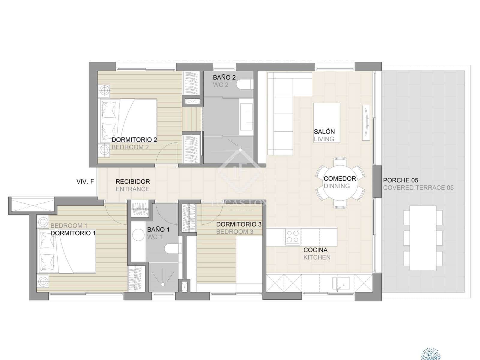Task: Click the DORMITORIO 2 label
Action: (134, 139)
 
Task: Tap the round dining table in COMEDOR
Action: (340, 182)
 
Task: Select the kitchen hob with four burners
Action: (292, 236)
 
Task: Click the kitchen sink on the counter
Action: (341, 283)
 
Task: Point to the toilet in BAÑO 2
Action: (244, 84)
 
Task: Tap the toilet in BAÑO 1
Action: (173, 248)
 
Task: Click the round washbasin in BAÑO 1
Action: (139, 235)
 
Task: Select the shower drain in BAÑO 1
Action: (163, 284)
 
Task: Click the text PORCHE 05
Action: (400, 180)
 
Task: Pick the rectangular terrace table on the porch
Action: (423, 238)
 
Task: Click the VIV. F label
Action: (85, 181)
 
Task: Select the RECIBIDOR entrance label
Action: (133, 181)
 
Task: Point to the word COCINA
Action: (315, 250)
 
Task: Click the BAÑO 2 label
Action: (224, 77)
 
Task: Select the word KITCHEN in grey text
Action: (317, 257)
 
